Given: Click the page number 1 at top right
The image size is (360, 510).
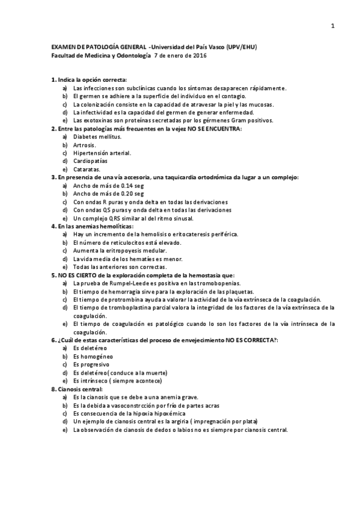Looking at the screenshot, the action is [332, 26].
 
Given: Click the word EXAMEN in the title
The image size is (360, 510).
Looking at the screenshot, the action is [63, 47].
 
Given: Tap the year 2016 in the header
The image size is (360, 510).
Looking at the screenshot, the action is [198, 55].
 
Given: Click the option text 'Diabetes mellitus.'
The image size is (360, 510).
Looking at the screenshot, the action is [97, 137].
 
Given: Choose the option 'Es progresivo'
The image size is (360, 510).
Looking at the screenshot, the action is [91, 364].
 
